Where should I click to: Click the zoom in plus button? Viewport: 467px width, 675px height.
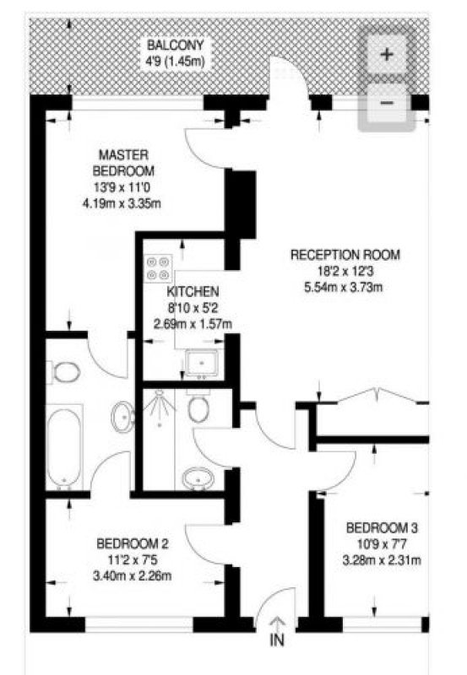click(387, 54)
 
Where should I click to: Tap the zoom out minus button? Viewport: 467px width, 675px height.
click(387, 103)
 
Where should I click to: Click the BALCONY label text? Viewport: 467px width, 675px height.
click(175, 45)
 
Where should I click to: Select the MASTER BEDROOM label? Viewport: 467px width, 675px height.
click(123, 163)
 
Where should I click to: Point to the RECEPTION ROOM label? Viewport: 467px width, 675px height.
click(345, 255)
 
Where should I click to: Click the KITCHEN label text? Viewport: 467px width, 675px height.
click(193, 291)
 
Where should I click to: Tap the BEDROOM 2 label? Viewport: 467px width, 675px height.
click(133, 543)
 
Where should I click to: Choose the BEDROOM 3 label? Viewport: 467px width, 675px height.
click(382, 527)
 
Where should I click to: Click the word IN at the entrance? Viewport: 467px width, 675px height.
click(277, 640)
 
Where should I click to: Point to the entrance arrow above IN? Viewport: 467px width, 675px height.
click(277, 624)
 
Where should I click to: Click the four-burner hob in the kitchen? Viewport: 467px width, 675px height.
click(158, 268)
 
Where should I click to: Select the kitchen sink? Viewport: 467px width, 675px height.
click(202, 363)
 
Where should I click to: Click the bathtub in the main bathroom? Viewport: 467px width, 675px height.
click(64, 447)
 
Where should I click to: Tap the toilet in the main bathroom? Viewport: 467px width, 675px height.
click(64, 372)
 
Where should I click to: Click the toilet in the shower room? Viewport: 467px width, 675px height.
click(198, 406)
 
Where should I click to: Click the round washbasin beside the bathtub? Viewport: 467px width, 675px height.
click(123, 417)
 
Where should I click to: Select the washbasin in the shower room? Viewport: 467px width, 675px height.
click(198, 478)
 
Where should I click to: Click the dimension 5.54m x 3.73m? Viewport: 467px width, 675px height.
click(344, 287)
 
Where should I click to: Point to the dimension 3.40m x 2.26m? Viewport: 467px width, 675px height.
click(133, 575)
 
